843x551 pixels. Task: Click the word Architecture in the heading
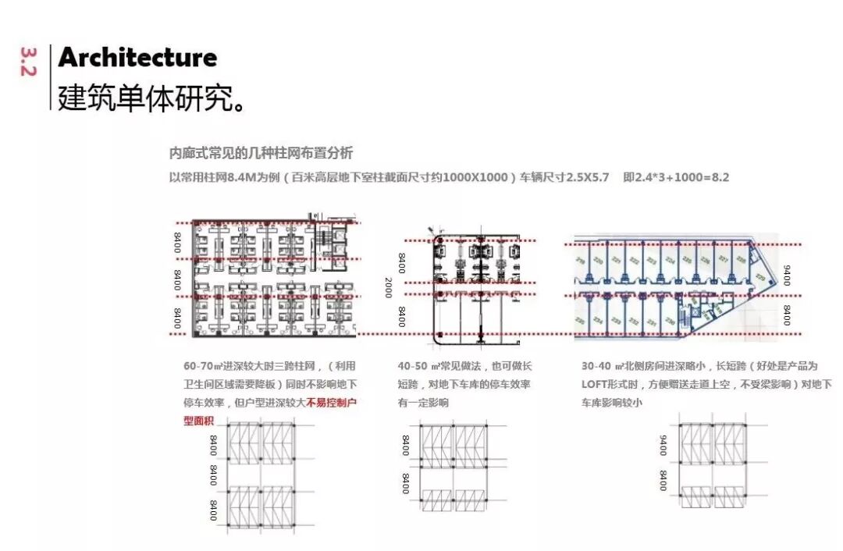pyautogui.click(x=137, y=58)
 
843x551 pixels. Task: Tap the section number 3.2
pyautogui.click(x=29, y=62)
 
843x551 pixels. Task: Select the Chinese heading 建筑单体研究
pyautogui.click(x=151, y=97)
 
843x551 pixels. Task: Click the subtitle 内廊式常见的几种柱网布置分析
pyautogui.click(x=261, y=153)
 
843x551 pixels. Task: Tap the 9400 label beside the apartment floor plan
pyautogui.click(x=786, y=275)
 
